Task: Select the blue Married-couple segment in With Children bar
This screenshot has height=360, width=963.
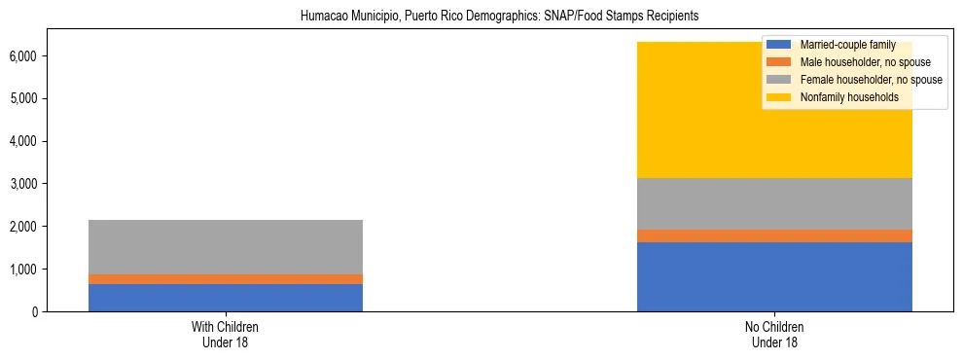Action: click(x=226, y=298)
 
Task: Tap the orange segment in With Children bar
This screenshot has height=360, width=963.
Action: click(x=226, y=279)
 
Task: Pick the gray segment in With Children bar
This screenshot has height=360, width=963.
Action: click(x=226, y=247)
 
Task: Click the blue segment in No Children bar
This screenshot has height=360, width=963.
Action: click(x=774, y=277)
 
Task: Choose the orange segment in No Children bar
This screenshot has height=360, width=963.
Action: click(x=774, y=235)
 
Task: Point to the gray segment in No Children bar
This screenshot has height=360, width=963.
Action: click(x=774, y=203)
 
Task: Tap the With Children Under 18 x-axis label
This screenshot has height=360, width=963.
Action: click(x=226, y=334)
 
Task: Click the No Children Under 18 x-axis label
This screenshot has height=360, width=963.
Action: click(x=774, y=334)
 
